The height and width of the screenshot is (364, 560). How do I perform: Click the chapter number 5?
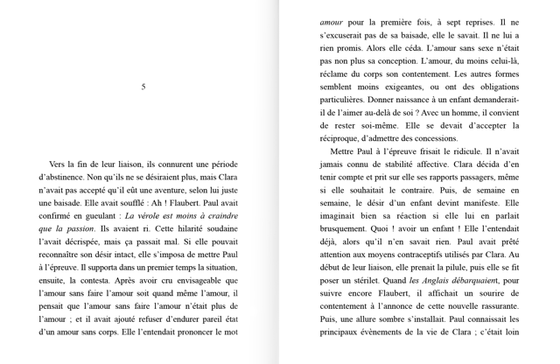143,87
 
